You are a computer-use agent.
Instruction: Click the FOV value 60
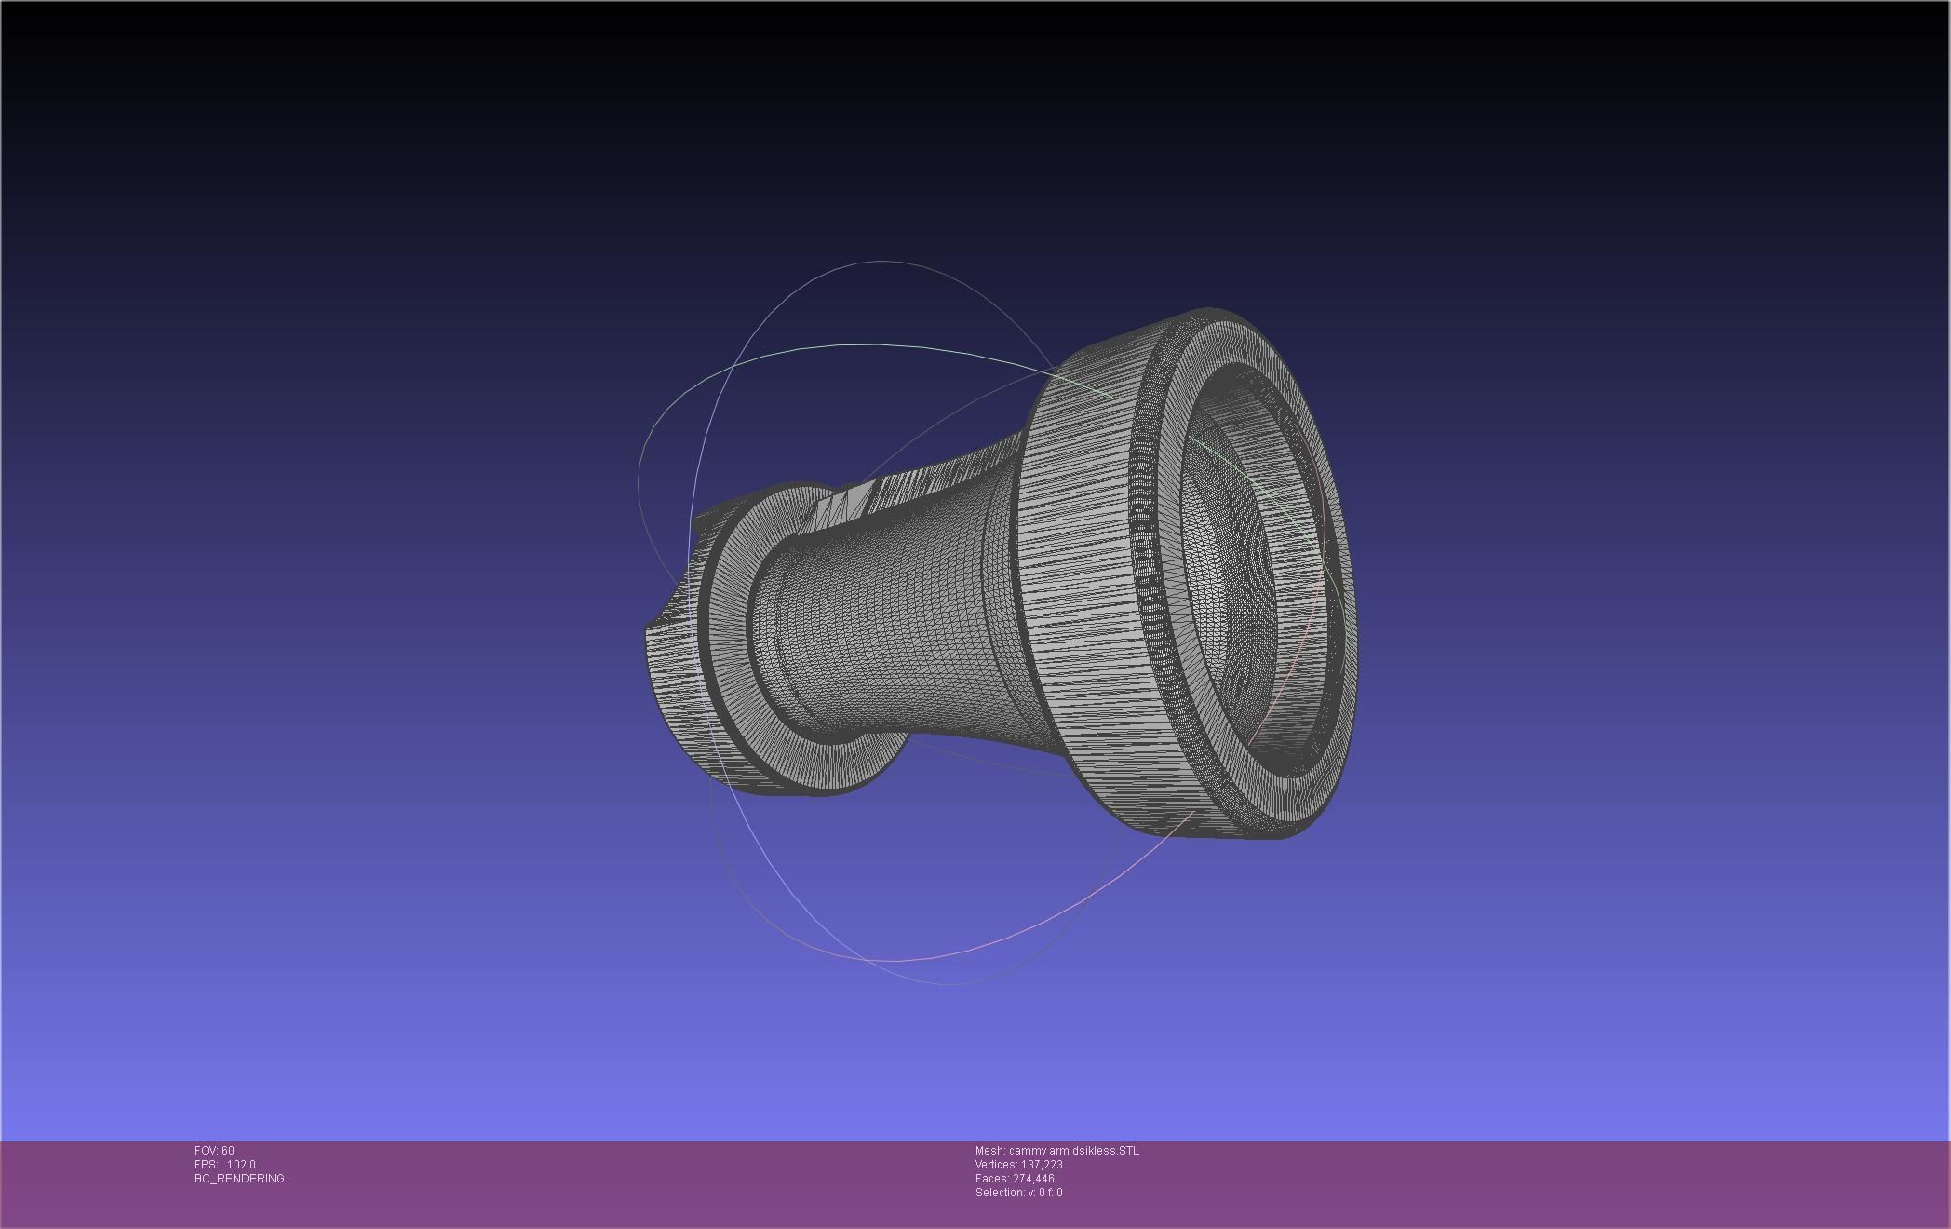[x=228, y=1151]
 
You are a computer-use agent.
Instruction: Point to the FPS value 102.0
[x=241, y=1165]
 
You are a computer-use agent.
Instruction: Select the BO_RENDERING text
[x=239, y=1179]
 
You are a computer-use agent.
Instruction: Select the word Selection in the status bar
[x=998, y=1193]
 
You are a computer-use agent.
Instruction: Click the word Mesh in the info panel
[x=989, y=1151]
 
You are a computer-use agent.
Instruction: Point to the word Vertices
[x=995, y=1165]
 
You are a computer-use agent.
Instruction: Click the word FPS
[x=205, y=1165]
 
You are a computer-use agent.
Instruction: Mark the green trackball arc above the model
[x=838, y=345]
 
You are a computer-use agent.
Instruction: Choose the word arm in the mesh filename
[x=1060, y=1151]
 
